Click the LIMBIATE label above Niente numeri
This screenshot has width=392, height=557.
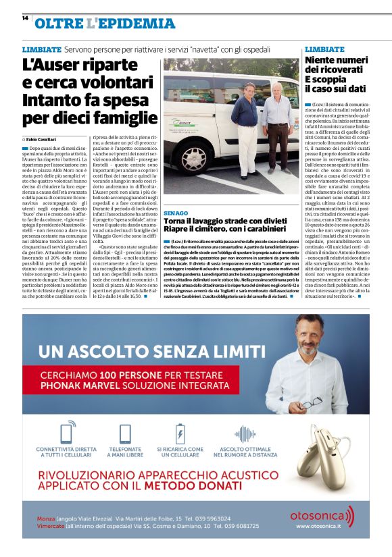click(x=324, y=49)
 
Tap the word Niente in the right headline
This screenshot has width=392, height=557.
click(x=324, y=60)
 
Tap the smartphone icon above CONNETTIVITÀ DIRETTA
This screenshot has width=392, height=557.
click(x=66, y=433)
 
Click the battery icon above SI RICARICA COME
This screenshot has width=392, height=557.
click(x=180, y=433)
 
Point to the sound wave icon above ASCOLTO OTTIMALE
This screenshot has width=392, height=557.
click(x=245, y=433)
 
